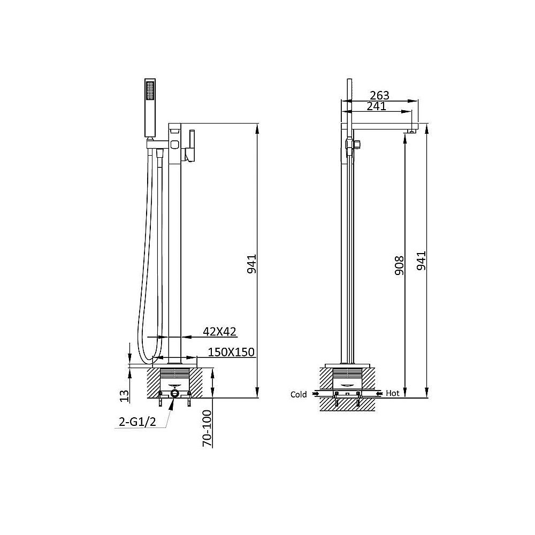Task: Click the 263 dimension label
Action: (x=379, y=96)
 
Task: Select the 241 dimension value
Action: (x=376, y=106)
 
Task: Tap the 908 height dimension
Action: (x=399, y=266)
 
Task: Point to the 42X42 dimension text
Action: (x=219, y=331)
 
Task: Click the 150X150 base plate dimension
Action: (x=231, y=352)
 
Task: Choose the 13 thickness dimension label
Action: (x=125, y=395)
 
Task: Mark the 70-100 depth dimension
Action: (x=207, y=428)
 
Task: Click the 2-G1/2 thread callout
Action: (x=137, y=422)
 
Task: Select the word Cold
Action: (x=299, y=394)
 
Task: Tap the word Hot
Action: (x=392, y=393)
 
